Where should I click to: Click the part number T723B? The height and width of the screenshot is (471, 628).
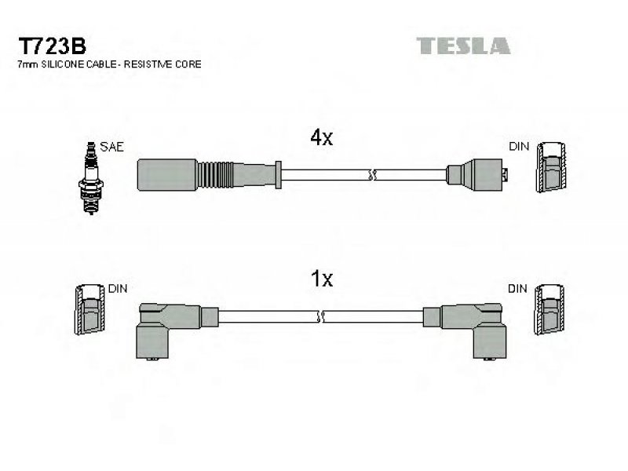click(x=52, y=46)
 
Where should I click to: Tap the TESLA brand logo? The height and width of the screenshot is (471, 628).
click(x=463, y=46)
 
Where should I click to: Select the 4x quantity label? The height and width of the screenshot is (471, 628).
click(x=322, y=138)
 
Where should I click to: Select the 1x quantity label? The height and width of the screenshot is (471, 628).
click(x=322, y=279)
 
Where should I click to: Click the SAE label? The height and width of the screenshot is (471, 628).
click(x=111, y=147)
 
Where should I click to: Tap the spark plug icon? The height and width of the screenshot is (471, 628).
click(x=91, y=178)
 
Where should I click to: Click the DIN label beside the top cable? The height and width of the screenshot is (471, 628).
click(x=519, y=147)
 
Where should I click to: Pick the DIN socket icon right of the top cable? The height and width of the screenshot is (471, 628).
click(x=551, y=167)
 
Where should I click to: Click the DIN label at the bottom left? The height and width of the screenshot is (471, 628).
click(x=118, y=288)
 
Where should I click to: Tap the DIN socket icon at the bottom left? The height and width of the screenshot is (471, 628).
click(x=90, y=309)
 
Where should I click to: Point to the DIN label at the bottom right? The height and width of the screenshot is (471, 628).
click(x=517, y=288)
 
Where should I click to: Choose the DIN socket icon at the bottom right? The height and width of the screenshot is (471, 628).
click(x=549, y=309)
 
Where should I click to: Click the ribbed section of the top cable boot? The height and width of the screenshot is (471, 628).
click(x=214, y=174)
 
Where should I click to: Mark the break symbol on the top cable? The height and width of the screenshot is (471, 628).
click(x=372, y=175)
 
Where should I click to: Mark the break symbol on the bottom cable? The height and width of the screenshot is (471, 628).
click(x=320, y=316)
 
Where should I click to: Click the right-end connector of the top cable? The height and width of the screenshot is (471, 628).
click(x=476, y=174)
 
